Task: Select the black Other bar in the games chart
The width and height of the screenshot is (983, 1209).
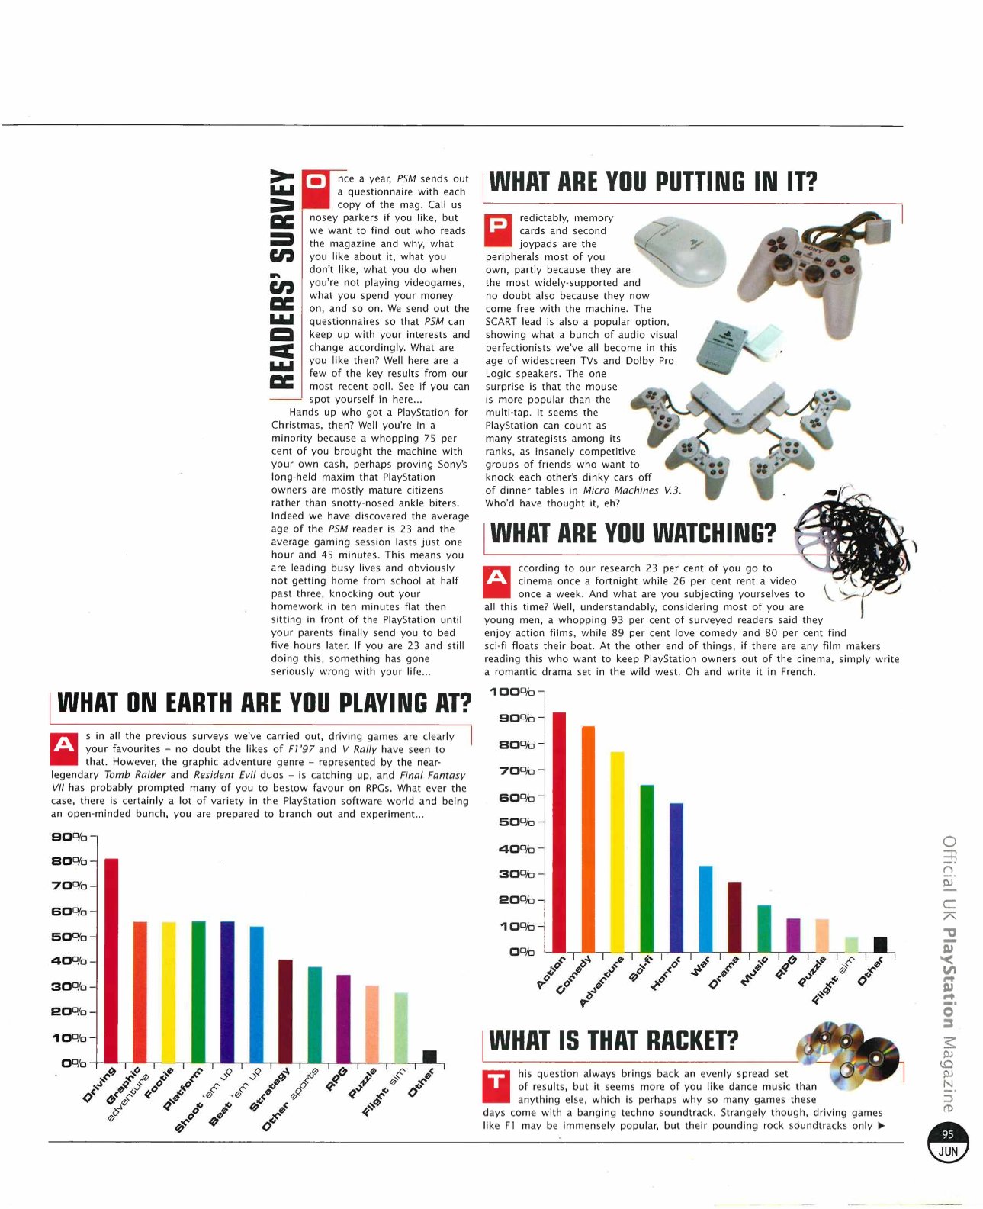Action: point(429,1056)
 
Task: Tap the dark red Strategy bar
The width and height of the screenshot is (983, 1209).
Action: point(285,1011)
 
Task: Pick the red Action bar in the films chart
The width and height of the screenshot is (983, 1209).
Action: point(559,831)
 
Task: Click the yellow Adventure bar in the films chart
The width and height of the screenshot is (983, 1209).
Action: point(617,851)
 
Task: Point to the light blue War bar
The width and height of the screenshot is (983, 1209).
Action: point(705,908)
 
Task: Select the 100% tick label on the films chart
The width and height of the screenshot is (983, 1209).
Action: point(512,692)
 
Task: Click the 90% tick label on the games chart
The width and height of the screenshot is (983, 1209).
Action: point(69,837)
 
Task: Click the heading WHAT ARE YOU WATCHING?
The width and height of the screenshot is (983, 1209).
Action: point(632,532)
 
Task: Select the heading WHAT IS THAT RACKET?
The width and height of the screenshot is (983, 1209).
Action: point(613,1040)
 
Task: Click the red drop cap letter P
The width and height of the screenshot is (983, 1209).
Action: point(499,227)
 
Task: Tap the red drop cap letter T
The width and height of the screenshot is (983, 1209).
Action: point(496,1083)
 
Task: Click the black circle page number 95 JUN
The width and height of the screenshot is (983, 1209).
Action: point(948,1143)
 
